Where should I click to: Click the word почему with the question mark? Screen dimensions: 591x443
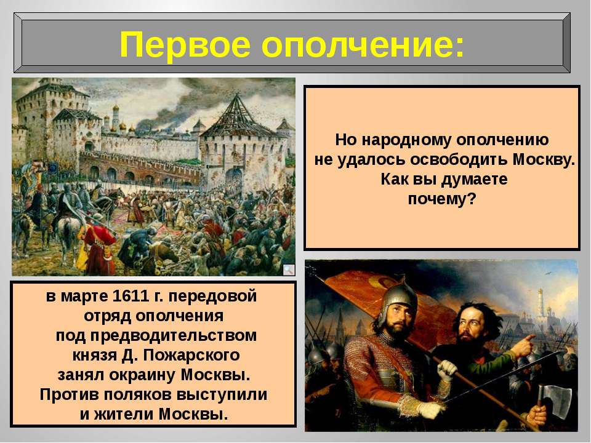pos(442,199)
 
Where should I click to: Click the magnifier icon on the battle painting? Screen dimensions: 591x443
pos(289,269)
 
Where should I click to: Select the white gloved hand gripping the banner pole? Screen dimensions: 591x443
pos(448,370)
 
